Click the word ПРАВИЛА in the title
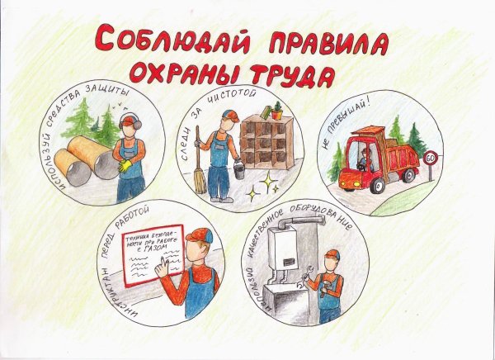point(323,43)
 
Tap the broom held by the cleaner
point(199,170)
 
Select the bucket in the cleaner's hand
point(238,169)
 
